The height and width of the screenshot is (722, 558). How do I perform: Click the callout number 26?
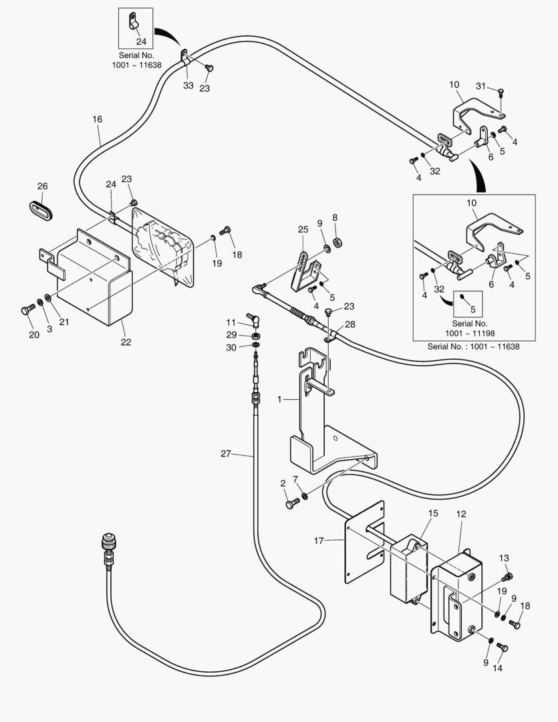click(x=43, y=186)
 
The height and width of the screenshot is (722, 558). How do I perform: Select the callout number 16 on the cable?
click(x=98, y=120)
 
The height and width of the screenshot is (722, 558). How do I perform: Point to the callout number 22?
click(x=126, y=342)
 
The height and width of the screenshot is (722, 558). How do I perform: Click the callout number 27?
click(x=225, y=454)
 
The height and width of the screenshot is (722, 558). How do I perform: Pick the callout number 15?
click(x=433, y=513)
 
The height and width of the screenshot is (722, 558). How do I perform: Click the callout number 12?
click(x=461, y=513)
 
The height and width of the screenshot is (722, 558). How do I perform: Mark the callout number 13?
click(x=504, y=558)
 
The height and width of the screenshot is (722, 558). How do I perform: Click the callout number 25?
click(x=303, y=230)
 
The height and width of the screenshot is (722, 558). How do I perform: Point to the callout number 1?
click(x=281, y=399)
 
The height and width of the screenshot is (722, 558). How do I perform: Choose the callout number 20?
click(x=34, y=335)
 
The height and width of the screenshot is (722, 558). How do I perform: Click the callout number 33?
click(x=188, y=86)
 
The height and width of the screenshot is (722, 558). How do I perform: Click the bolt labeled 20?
click(x=27, y=310)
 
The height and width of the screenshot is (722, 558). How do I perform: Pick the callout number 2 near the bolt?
click(x=283, y=483)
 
